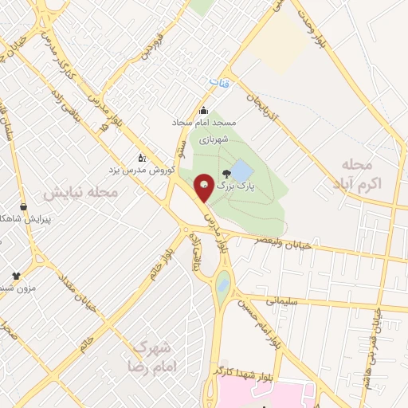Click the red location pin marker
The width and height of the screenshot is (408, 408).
pyautogui.click(x=204, y=188)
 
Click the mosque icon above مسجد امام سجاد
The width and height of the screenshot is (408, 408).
pyautogui.click(x=204, y=111)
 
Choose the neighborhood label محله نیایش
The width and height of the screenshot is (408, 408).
pyautogui.click(x=80, y=193)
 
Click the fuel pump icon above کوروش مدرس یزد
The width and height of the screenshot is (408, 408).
pyautogui.click(x=142, y=157)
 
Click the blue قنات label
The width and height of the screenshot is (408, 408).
pyautogui.click(x=218, y=82)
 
